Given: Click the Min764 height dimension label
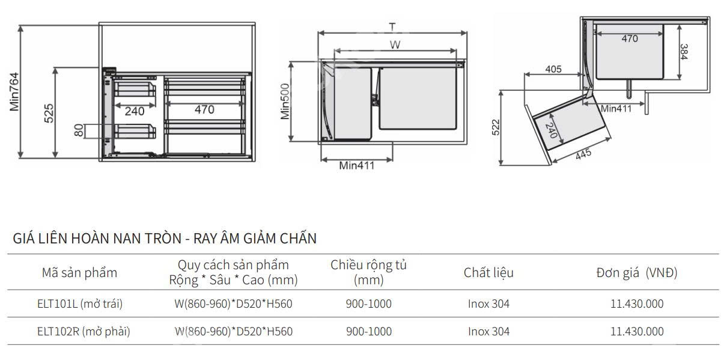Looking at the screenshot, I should coord(14,92).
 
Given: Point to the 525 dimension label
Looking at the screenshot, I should coord(49,114).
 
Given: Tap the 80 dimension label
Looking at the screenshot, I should coord(79,130).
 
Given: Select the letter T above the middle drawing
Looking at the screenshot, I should coord(392,27).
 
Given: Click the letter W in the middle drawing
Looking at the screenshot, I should coord(395,44).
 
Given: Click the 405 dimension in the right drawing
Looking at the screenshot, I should coord(553,69).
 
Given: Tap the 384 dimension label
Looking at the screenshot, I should coord(684,52).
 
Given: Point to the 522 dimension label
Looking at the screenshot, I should coord(496,128).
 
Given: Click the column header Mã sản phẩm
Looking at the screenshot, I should coord(79,273).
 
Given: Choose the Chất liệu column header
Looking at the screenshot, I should coord(488,273).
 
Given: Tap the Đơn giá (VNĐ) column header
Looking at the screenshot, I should coord(636,273).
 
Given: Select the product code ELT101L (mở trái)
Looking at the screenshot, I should coord(79,304).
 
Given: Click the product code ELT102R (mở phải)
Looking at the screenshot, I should coord(83,331).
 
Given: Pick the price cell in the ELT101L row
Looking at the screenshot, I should coord(637,304).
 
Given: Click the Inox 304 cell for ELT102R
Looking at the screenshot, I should coord(488,331).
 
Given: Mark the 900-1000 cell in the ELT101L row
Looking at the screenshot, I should coord(368,304).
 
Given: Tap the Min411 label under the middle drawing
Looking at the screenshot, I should coord(356,166).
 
